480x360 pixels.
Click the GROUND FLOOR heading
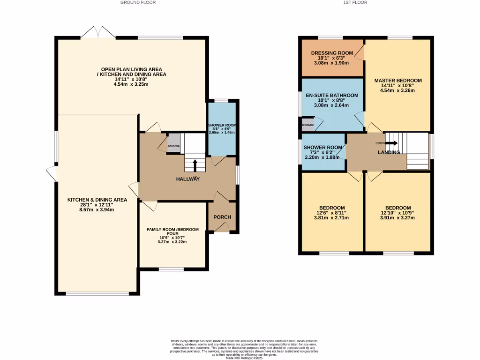138,2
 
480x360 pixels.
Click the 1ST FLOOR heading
356,2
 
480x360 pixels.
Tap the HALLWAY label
187,179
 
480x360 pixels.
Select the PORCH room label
222,217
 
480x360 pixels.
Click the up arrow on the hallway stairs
195,165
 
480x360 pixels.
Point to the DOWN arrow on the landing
391,143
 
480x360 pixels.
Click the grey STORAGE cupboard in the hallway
174,143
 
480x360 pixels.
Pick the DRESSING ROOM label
332,53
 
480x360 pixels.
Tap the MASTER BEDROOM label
398,80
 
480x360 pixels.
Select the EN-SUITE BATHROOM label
332,95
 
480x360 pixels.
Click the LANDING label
389,152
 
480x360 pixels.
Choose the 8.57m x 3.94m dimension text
90,210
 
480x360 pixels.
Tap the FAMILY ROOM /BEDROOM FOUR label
172,232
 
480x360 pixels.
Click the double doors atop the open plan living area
97,33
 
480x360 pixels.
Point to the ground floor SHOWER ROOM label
222,125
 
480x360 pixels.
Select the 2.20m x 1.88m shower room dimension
323,157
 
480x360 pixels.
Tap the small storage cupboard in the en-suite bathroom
307,125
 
